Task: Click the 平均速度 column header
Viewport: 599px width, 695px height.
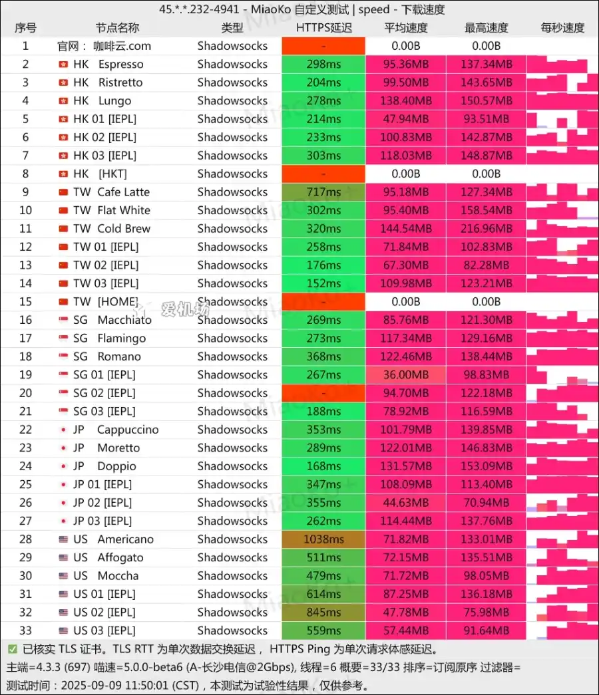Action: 406,28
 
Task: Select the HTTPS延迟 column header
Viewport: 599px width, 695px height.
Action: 324,28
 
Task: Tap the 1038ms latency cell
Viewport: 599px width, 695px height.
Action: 323,539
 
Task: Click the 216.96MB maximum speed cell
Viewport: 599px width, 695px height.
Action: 486,229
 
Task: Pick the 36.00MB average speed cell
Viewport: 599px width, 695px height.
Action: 406,375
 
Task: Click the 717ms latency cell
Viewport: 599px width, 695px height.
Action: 323,192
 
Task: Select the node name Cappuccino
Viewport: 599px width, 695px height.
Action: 128,430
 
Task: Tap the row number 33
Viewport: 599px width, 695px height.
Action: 25,630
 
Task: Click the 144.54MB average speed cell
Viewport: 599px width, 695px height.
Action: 406,229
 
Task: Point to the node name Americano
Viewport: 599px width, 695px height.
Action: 125,539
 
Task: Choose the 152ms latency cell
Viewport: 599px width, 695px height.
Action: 323,283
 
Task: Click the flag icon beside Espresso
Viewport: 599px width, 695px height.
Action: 63,65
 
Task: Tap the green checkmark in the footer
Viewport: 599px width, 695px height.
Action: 13,648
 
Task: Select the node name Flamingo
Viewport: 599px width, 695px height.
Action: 121,339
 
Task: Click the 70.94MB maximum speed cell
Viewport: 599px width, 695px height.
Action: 486,503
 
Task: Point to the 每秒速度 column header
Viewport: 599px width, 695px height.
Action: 562,28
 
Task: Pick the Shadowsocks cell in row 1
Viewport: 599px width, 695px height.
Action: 232,46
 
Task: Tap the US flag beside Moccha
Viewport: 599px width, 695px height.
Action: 63,576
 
